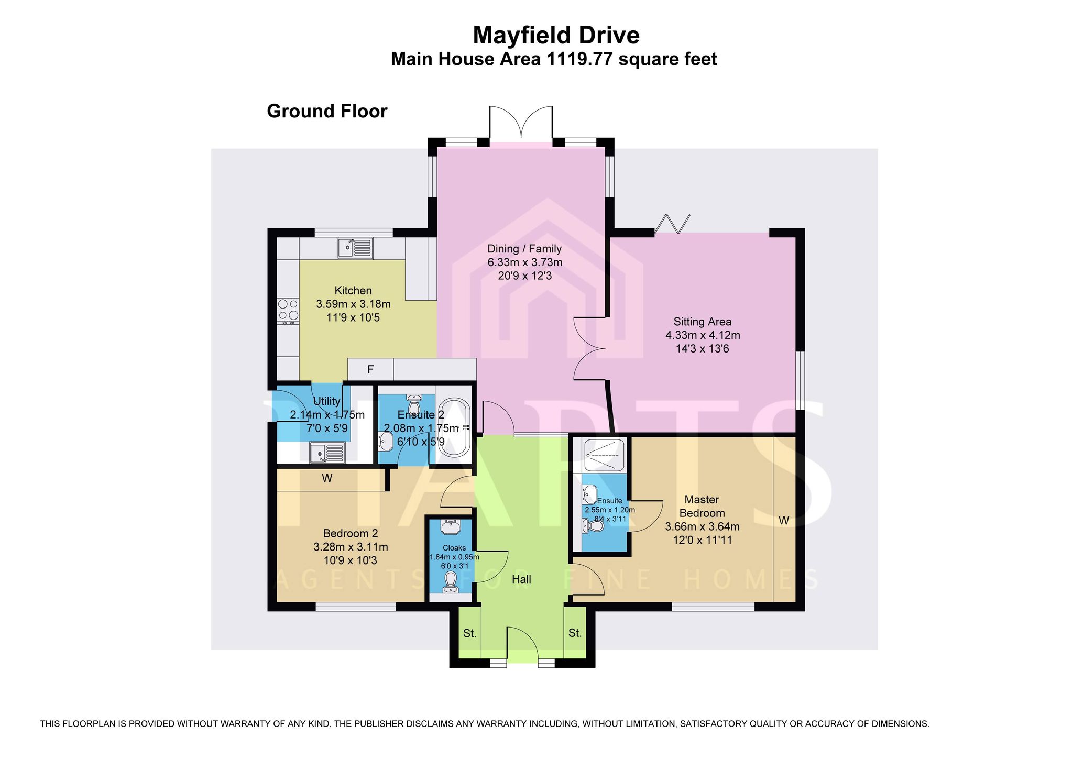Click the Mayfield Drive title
[x=556, y=36]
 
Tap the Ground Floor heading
[x=327, y=111]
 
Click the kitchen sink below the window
[x=355, y=248]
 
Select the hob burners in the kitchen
[x=288, y=310]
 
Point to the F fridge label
[x=370, y=370]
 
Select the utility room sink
[x=327, y=453]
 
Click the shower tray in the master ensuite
[x=605, y=455]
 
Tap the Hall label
[x=521, y=579]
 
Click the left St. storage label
[x=470, y=633]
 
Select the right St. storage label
[x=575, y=633]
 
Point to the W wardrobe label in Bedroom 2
[x=327, y=478]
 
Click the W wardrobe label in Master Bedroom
[x=784, y=521]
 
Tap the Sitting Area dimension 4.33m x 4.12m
[x=703, y=335]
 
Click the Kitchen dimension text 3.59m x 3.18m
[x=354, y=304]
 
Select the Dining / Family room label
[x=524, y=249]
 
